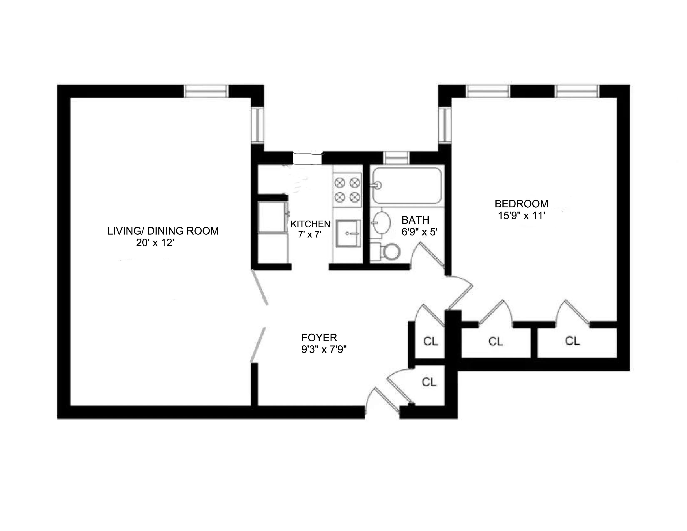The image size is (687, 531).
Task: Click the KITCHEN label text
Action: click(x=310, y=224)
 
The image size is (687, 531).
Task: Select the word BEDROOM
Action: click(x=521, y=204)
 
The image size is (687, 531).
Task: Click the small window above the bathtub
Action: click(x=397, y=158)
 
